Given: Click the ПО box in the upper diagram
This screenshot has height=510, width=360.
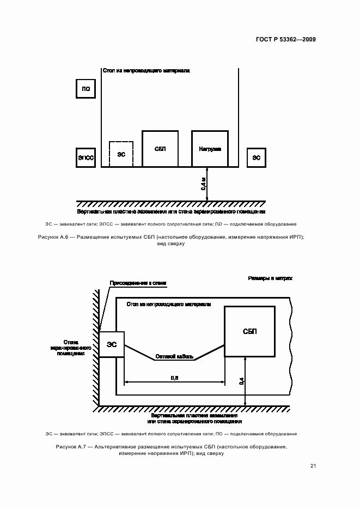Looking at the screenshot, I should click(86, 88).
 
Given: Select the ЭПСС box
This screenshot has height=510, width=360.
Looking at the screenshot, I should click(86, 157).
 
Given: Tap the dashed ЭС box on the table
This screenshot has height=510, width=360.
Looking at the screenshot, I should click(121, 154).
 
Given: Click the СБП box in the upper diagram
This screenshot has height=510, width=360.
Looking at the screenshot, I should click(160, 149).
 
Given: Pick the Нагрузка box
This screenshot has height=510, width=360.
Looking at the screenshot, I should click(210, 149).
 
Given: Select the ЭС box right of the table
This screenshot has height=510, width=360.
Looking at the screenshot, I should click(256, 157).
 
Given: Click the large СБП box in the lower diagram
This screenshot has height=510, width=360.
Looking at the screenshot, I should click(249, 331).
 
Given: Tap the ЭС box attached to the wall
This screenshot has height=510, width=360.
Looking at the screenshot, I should click(111, 344).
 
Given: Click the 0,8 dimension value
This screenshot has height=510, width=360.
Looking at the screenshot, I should click(174, 377).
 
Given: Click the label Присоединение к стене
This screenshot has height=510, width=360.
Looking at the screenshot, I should click(138, 283).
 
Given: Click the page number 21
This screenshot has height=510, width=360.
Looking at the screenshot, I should click(313, 465).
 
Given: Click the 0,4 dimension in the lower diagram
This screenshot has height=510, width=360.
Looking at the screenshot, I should click(242, 381).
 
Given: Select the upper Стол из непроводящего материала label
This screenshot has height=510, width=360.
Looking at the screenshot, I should click(146, 71).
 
